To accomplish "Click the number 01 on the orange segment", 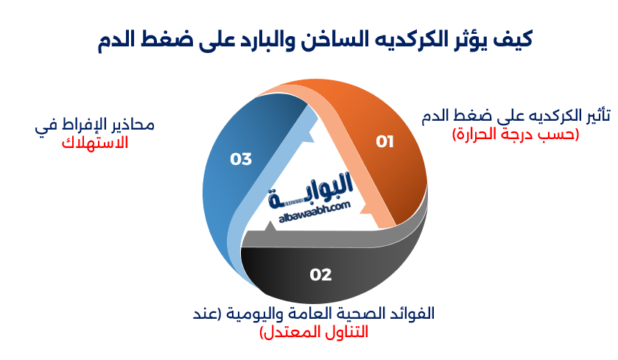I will [x=385, y=141].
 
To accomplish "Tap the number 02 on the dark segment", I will [x=320, y=275].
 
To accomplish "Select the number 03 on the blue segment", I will [x=241, y=158].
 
